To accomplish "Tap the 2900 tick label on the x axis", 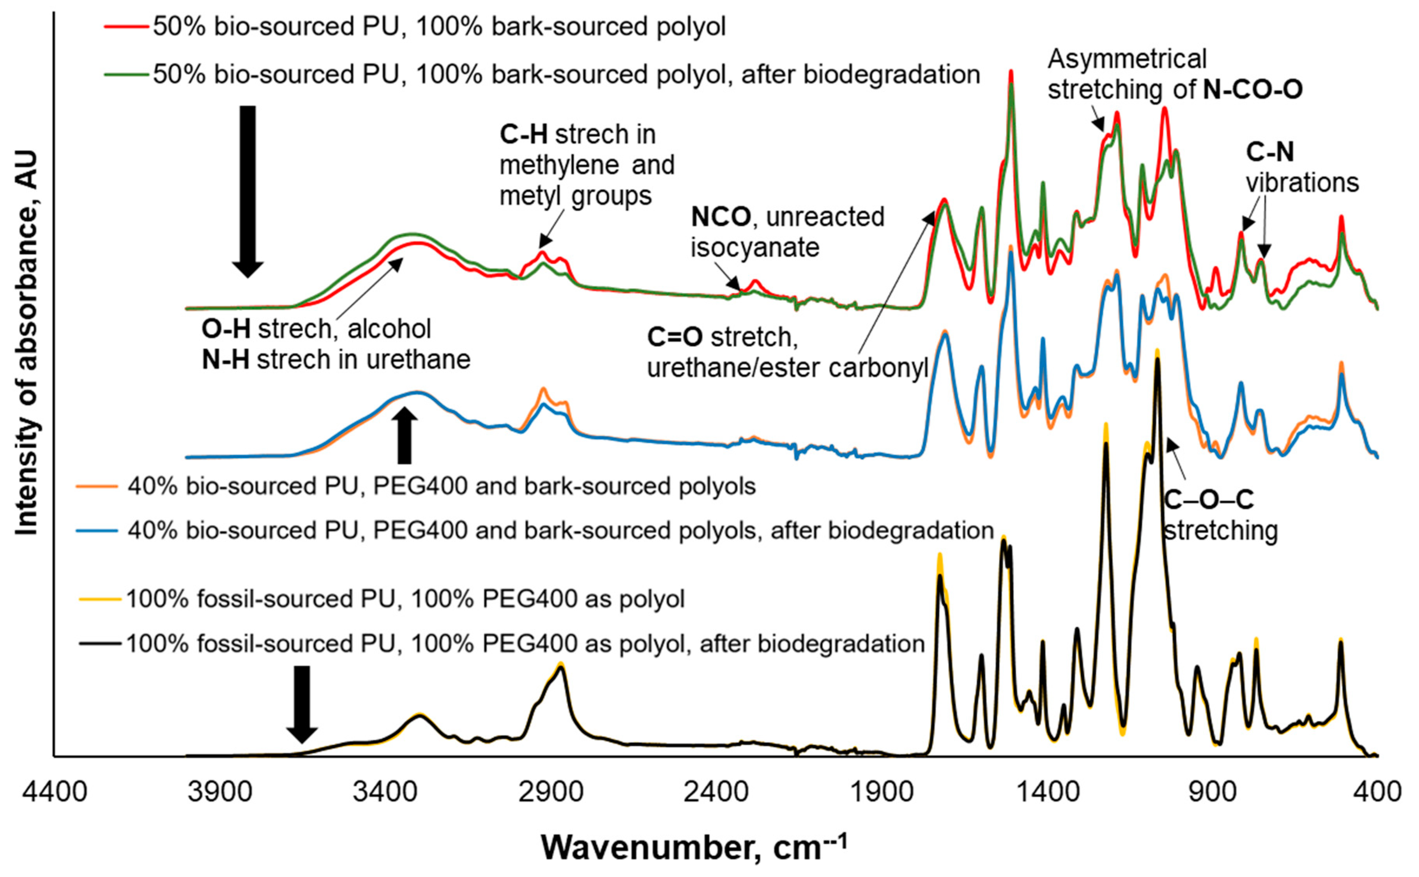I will tap(551, 791).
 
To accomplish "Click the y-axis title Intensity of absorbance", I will tap(27, 342).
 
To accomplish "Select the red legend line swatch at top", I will tap(126, 27).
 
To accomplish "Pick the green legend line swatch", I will tap(126, 74).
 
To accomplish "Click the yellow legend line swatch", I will tap(100, 599).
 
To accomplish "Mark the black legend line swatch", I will tap(100, 644).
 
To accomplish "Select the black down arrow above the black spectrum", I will tap(302, 704).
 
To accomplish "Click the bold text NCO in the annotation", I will tap(721, 217).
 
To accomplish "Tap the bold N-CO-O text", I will tap(1253, 89).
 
